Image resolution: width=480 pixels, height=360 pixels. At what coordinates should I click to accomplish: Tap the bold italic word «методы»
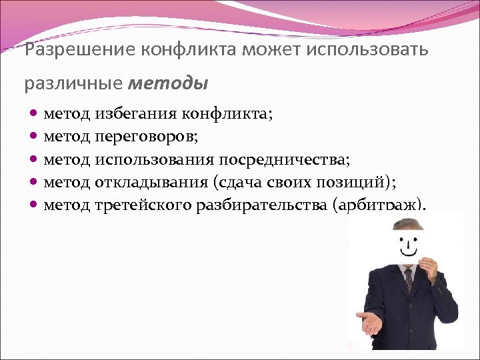[167, 84]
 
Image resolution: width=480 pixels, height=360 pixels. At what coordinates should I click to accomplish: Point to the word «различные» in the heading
[73, 85]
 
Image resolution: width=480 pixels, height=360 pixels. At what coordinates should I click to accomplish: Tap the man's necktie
[408, 280]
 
